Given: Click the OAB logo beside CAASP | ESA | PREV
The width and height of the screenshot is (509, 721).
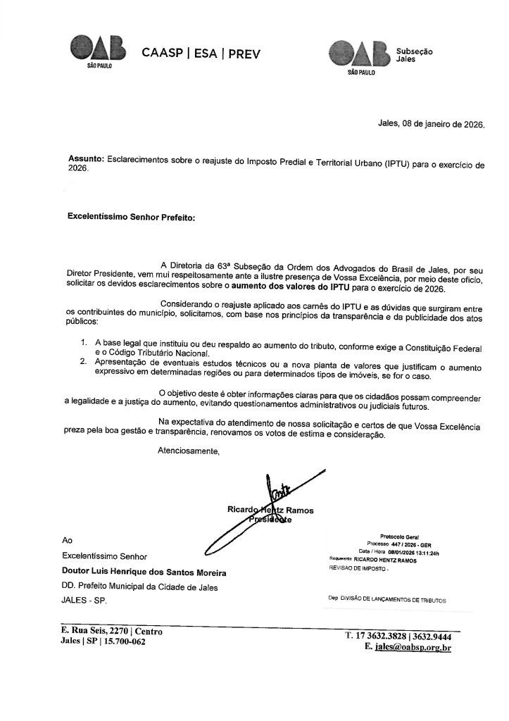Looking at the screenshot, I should point(98,50).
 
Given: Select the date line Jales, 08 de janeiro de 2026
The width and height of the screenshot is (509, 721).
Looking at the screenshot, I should point(431,123).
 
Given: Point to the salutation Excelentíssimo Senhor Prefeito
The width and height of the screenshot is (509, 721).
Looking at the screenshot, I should point(130,218).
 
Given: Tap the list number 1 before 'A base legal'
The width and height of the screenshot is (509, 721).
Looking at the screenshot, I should point(84,341).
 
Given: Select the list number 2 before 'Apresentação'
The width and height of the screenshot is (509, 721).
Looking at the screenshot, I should point(84,360).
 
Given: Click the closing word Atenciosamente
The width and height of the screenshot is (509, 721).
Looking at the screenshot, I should point(189,451).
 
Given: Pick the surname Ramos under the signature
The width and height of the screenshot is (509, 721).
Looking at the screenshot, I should point(300,509).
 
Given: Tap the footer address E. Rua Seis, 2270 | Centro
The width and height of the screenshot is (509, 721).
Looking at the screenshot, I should point(111,632).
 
